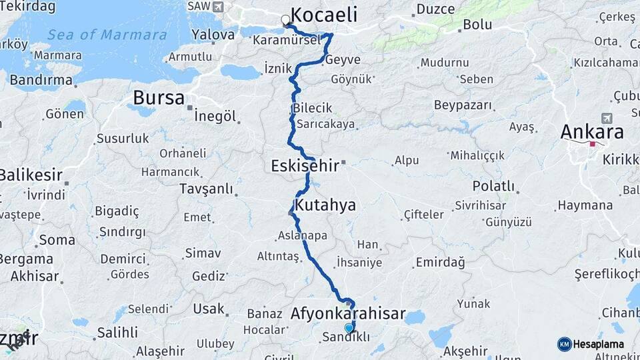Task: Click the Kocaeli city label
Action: point(324,15)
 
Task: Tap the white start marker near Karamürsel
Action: point(286,20)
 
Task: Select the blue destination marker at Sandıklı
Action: point(349,327)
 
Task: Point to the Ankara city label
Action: point(591,131)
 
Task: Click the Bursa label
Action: point(159,97)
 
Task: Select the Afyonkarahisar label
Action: point(348,313)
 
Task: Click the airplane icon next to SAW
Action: point(217,6)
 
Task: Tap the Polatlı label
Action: point(493,186)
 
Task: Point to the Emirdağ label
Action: point(440,262)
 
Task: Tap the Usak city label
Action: point(209,309)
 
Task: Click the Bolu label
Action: point(478,25)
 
